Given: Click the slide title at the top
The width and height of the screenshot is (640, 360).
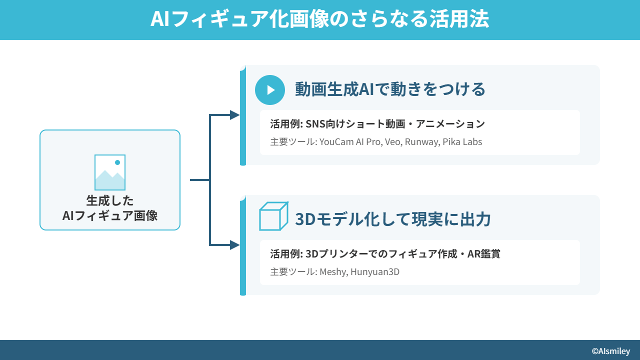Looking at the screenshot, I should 320,19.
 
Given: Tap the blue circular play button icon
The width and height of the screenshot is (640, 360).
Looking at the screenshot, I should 270,90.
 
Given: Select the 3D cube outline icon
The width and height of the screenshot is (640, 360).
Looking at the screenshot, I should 273,216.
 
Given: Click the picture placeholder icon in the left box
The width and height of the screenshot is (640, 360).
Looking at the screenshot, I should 110,172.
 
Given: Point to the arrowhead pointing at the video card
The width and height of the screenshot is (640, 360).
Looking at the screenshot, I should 234,115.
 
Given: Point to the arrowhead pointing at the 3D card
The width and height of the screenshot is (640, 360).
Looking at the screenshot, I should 234,245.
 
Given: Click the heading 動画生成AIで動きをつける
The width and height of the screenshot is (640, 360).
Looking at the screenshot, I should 390,90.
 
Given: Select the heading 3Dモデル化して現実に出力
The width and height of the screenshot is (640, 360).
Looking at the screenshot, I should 393,219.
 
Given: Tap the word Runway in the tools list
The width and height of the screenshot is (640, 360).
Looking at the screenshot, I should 421,142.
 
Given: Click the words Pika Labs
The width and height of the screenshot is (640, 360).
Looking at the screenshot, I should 462,142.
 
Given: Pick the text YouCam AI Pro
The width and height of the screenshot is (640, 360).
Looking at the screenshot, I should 350,142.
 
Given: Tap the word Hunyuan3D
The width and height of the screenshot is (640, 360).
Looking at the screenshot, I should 375,272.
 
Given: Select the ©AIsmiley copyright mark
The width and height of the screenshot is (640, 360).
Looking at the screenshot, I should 610,351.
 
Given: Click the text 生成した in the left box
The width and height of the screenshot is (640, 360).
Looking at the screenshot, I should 110,200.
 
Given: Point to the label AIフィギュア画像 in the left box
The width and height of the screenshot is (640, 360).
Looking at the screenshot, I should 110,215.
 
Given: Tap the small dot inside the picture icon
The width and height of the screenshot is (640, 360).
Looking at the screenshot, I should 117,162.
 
